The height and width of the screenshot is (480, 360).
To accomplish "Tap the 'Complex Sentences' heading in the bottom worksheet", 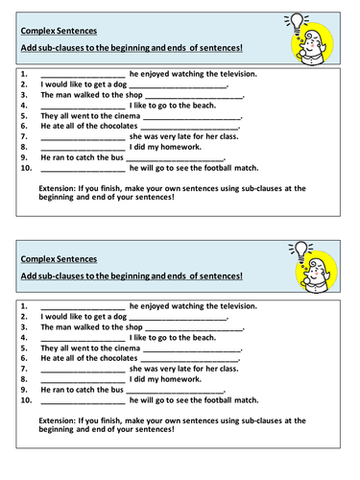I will pyautogui.click(x=59, y=258).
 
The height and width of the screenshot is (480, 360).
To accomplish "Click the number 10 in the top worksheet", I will pyautogui.click(x=26, y=168).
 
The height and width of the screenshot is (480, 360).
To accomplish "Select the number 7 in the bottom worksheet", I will pyautogui.click(x=24, y=369).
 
